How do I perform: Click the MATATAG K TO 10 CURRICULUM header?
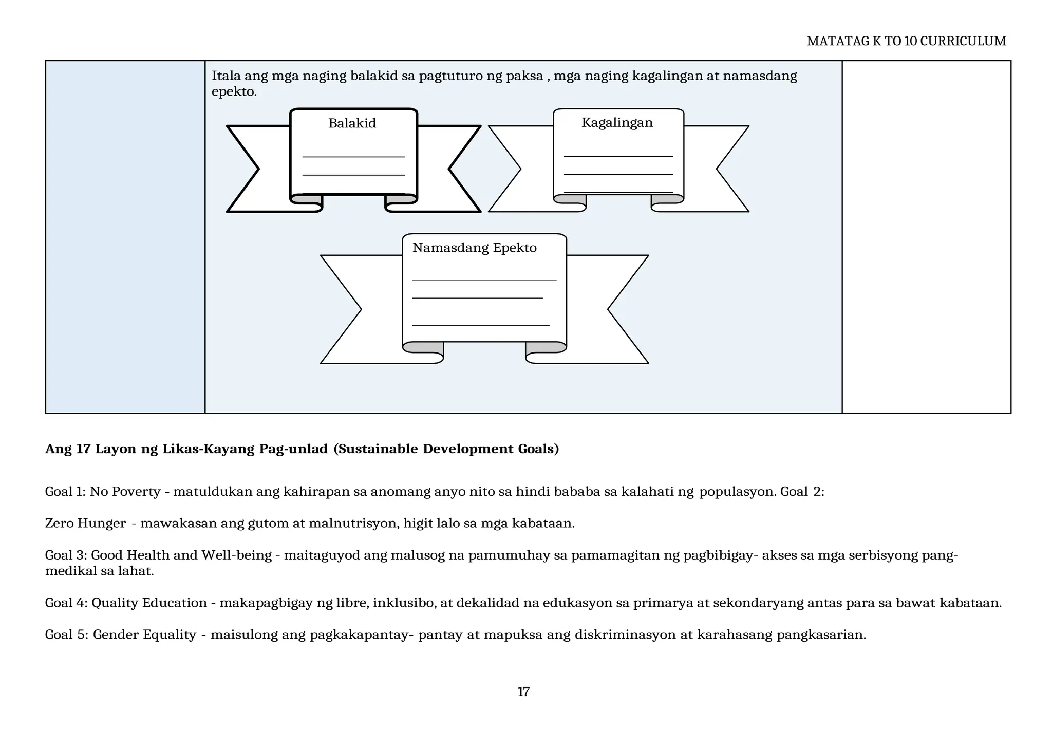pos(906,41)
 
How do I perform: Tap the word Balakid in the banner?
pos(352,123)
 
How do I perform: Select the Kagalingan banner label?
pos(617,123)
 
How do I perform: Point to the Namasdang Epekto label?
pos(474,248)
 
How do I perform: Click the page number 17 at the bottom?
pos(523,692)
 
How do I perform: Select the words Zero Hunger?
pos(85,524)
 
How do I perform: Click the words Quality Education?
pos(149,603)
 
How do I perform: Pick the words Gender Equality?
pos(144,635)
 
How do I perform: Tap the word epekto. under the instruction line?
pos(234,92)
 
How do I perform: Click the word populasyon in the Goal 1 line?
pos(737,492)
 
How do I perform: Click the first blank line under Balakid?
pos(353,157)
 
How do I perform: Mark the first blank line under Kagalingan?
pos(618,156)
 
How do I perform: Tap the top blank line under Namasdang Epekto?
pos(484,281)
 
